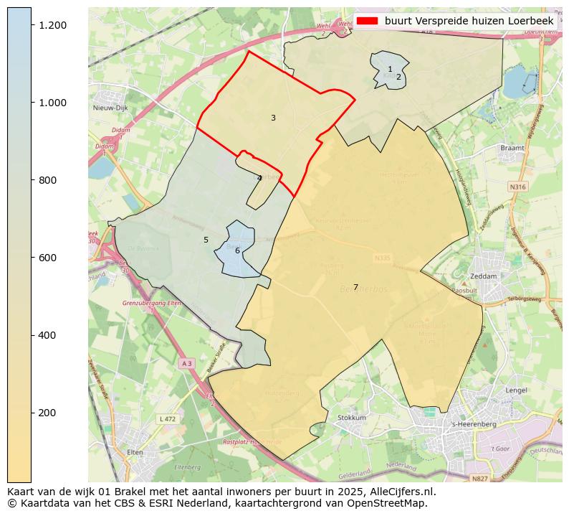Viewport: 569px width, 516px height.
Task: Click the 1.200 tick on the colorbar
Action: pos(32,25)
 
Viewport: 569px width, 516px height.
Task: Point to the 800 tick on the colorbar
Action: pos(32,180)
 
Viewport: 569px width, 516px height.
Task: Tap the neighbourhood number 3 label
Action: pos(273,118)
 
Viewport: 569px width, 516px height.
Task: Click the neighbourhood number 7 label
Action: pos(355,287)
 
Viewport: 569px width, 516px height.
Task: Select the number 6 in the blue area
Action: pos(237,250)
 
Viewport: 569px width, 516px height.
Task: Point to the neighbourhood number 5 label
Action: pos(206,240)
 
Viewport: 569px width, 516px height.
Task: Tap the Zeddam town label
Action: pos(484,276)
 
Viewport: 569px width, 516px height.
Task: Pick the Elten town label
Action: pos(135,453)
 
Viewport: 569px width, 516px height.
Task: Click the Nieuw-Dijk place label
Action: pos(110,108)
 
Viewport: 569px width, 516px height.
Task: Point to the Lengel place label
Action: pos(516,390)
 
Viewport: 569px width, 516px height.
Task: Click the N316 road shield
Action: pos(517,187)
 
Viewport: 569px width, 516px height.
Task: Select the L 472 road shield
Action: pos(167,418)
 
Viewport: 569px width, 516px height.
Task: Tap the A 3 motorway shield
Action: pos(186,364)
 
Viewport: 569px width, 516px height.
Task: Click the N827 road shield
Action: pos(479,478)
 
